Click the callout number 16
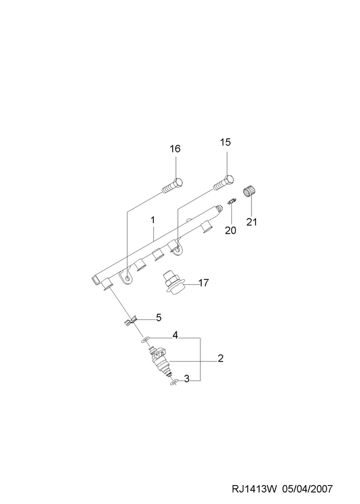coord(175,149)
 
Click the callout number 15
coord(226,142)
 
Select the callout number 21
coord(252,222)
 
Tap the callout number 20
coord(230,230)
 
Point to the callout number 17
coord(204,283)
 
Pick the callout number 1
coord(153,220)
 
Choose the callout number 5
coord(158,318)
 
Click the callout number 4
coord(175,335)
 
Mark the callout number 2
coord(221,358)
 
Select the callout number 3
coord(187,379)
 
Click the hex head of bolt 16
coord(178,182)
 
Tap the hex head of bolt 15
coord(229,180)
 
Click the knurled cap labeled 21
coord(249,192)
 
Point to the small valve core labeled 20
coord(231,202)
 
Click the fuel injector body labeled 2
coord(161,361)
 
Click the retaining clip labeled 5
coord(131,321)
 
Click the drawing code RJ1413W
coord(254,489)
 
